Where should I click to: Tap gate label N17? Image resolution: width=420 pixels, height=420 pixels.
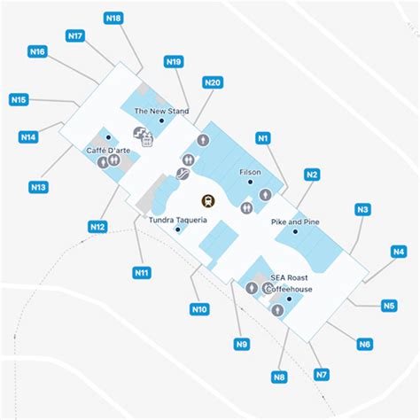coord(75,36)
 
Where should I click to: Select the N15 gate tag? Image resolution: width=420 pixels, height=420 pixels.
coord(19,99)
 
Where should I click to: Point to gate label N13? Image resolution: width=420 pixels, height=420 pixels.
coord(38,187)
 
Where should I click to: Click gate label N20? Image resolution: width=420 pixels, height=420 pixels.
coord(212,82)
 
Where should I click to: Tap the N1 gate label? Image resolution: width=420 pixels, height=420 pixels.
coord(262,138)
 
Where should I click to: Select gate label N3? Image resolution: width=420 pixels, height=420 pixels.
coord(362,210)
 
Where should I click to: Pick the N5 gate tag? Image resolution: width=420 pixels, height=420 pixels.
coord(389,307)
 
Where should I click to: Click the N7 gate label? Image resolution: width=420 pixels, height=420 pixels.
coord(321,375)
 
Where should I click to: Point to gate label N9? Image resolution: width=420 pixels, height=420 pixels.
coord(242,345)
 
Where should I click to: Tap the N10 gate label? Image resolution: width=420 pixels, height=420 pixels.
coord(199,309)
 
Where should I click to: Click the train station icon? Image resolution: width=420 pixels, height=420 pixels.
coord(209,200)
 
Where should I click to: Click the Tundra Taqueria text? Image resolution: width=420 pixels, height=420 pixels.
coord(178,220)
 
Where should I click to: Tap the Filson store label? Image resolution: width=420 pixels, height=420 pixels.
coord(250,172)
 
